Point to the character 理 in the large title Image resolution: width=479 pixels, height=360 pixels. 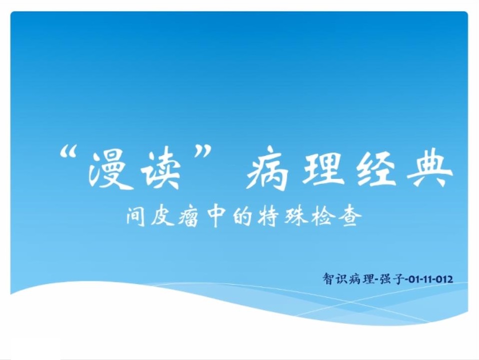point(321,168)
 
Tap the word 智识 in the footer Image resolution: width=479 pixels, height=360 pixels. point(335,279)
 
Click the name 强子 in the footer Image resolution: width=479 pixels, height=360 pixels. point(391,279)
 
